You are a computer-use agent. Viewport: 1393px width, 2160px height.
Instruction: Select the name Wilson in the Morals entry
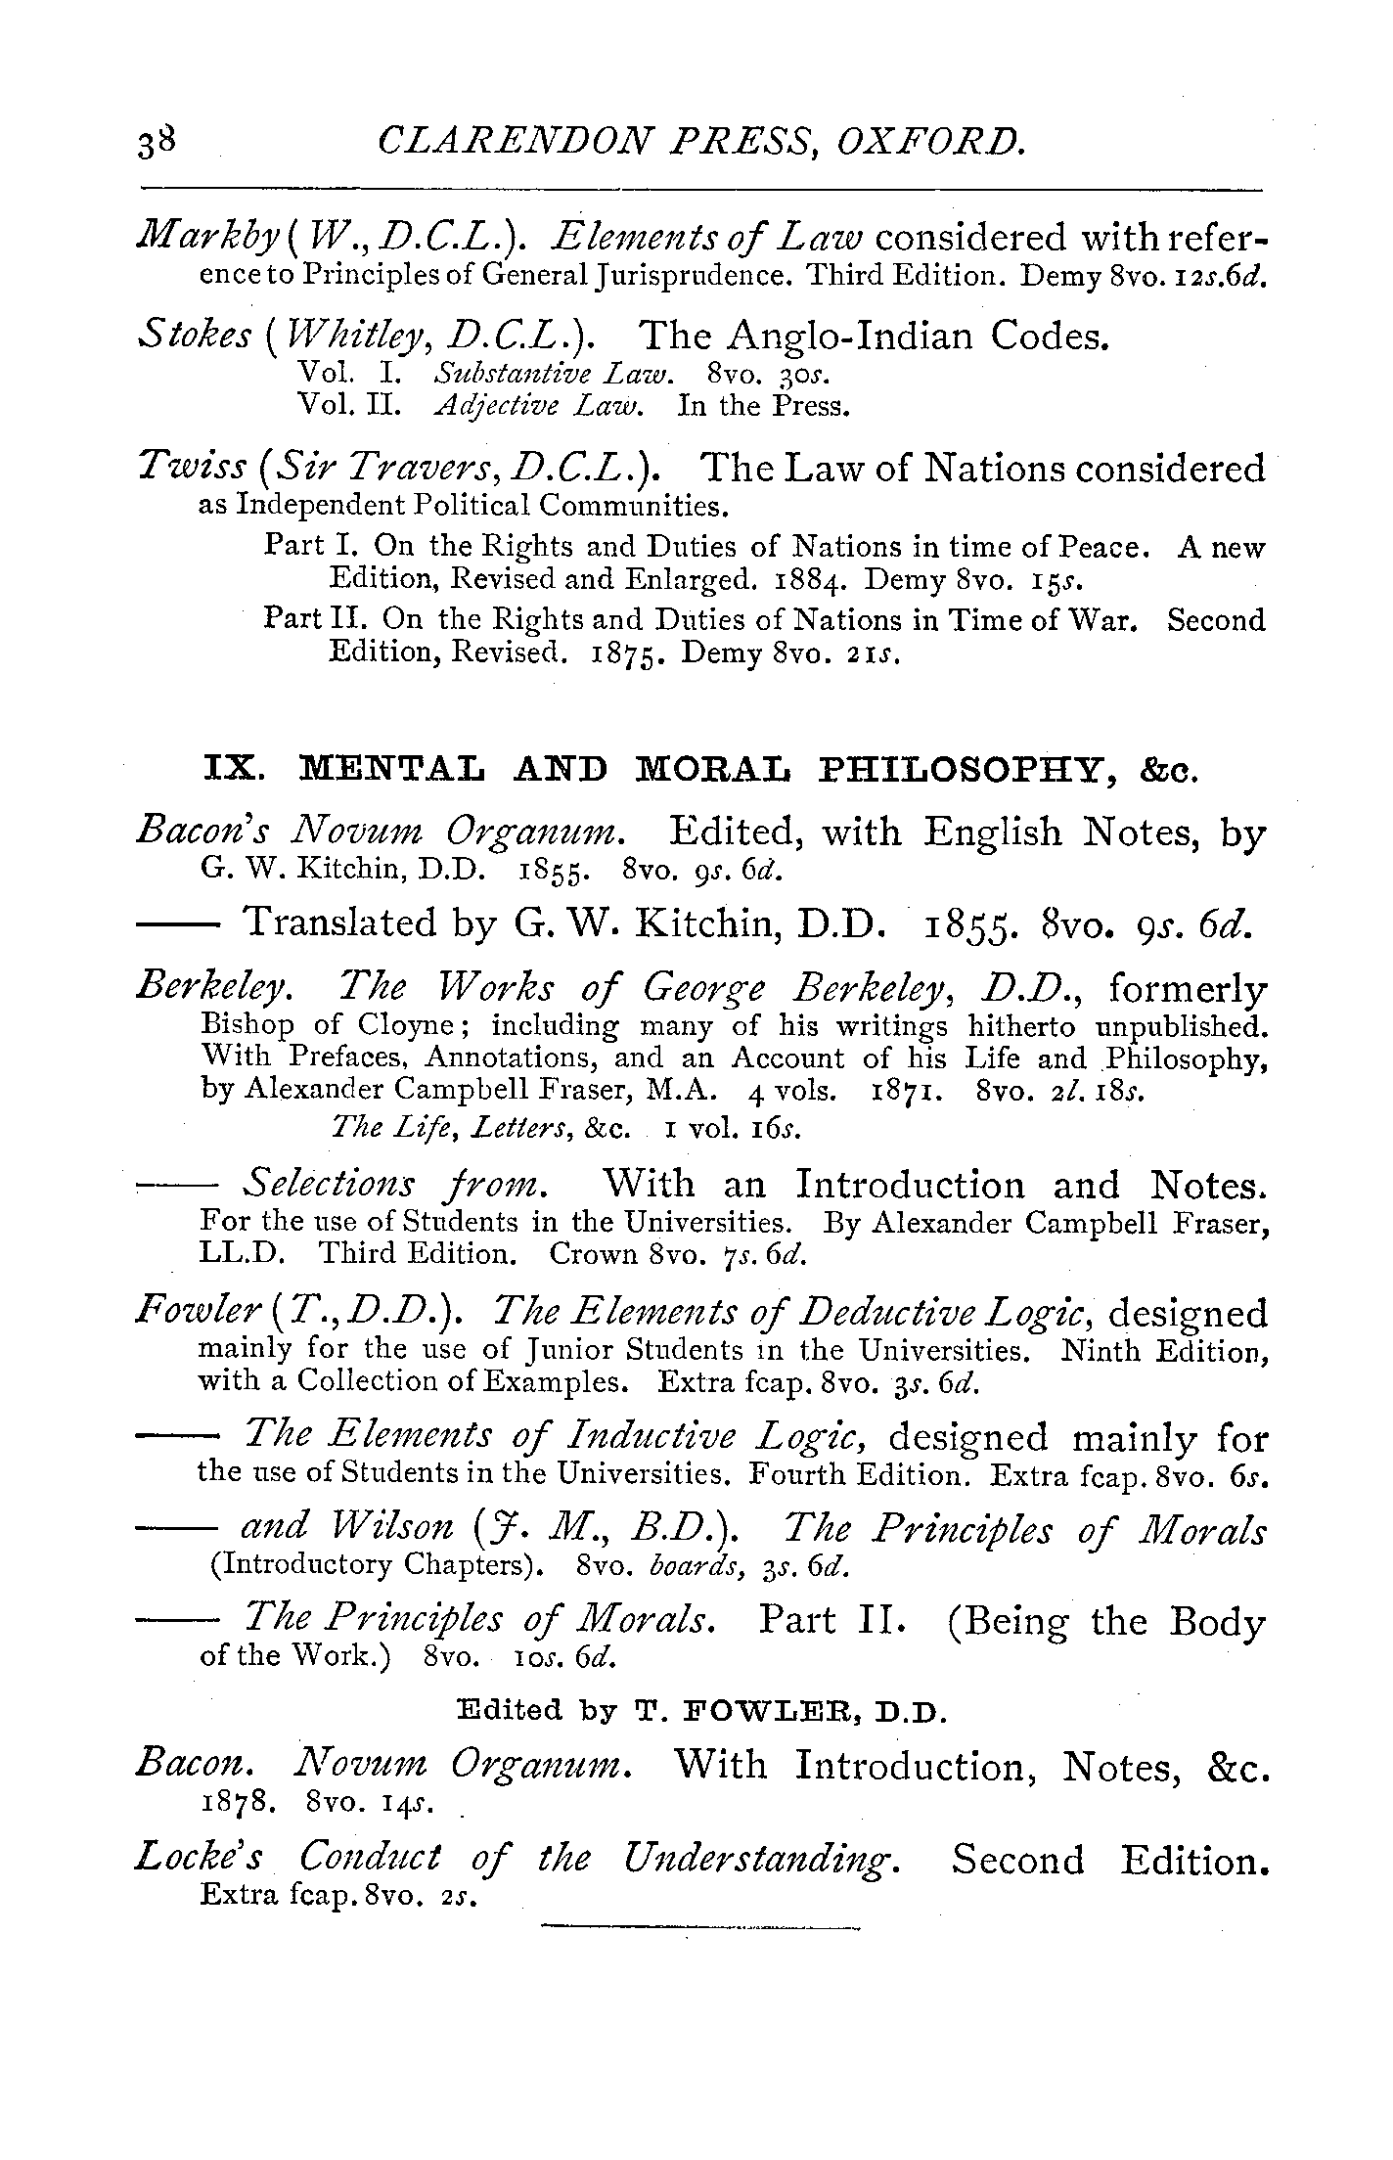[x=395, y=1528]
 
